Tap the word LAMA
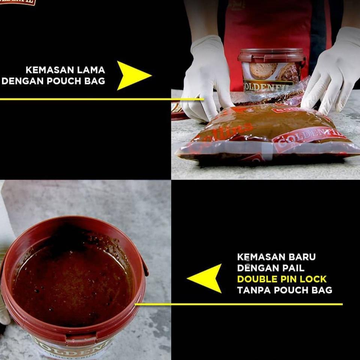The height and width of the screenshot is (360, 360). point(92,70)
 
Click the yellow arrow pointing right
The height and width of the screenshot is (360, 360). point(132,75)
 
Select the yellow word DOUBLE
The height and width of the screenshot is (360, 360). point(258,279)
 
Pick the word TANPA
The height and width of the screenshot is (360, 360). point(253,290)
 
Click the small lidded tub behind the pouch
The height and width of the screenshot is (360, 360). point(271,69)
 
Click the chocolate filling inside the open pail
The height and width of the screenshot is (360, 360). point(71,281)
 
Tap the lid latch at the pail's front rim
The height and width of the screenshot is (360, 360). point(81,339)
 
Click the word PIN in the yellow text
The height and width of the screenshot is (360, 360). point(286,279)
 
